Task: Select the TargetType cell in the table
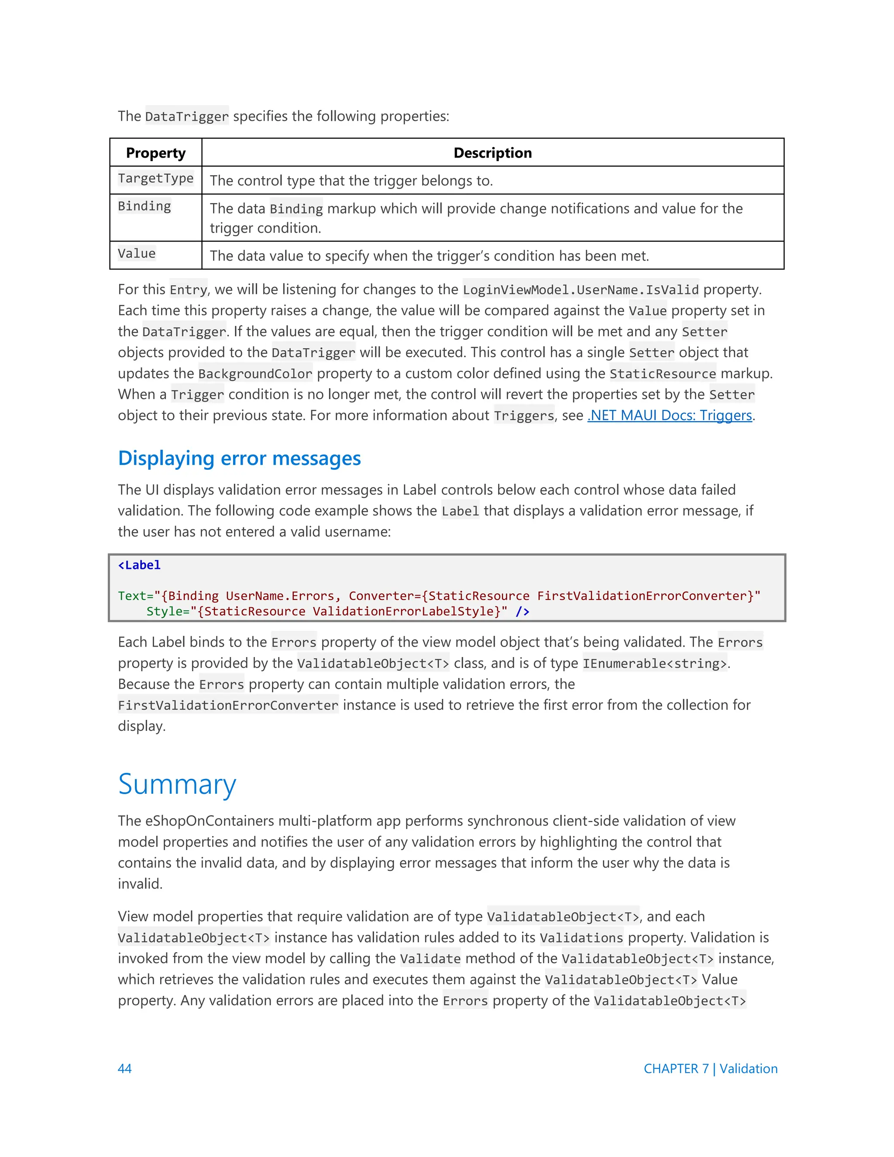[x=156, y=179]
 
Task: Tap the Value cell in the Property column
[x=137, y=254]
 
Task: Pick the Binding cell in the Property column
[x=144, y=207]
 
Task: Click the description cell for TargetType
[x=351, y=181]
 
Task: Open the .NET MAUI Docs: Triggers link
[x=670, y=415]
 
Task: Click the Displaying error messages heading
[x=239, y=458]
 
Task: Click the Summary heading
[x=177, y=784]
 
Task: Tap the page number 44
[x=124, y=1068]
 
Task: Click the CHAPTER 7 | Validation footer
[x=710, y=1068]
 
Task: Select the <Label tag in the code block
[x=139, y=565]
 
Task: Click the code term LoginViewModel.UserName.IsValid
[x=581, y=290]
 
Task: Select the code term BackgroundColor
[x=255, y=374]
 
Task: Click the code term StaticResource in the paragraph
[x=663, y=374]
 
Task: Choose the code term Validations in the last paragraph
[x=581, y=938]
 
